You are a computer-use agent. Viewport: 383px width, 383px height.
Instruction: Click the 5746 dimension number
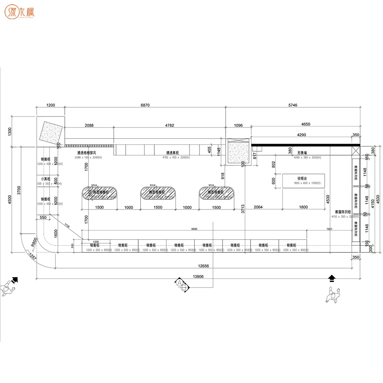click(x=292, y=105)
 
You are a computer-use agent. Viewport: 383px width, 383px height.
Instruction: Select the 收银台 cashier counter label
click(x=303, y=178)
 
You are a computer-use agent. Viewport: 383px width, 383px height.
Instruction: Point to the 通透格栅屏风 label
click(x=89, y=152)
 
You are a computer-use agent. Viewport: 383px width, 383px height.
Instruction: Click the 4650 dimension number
click(x=305, y=125)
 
